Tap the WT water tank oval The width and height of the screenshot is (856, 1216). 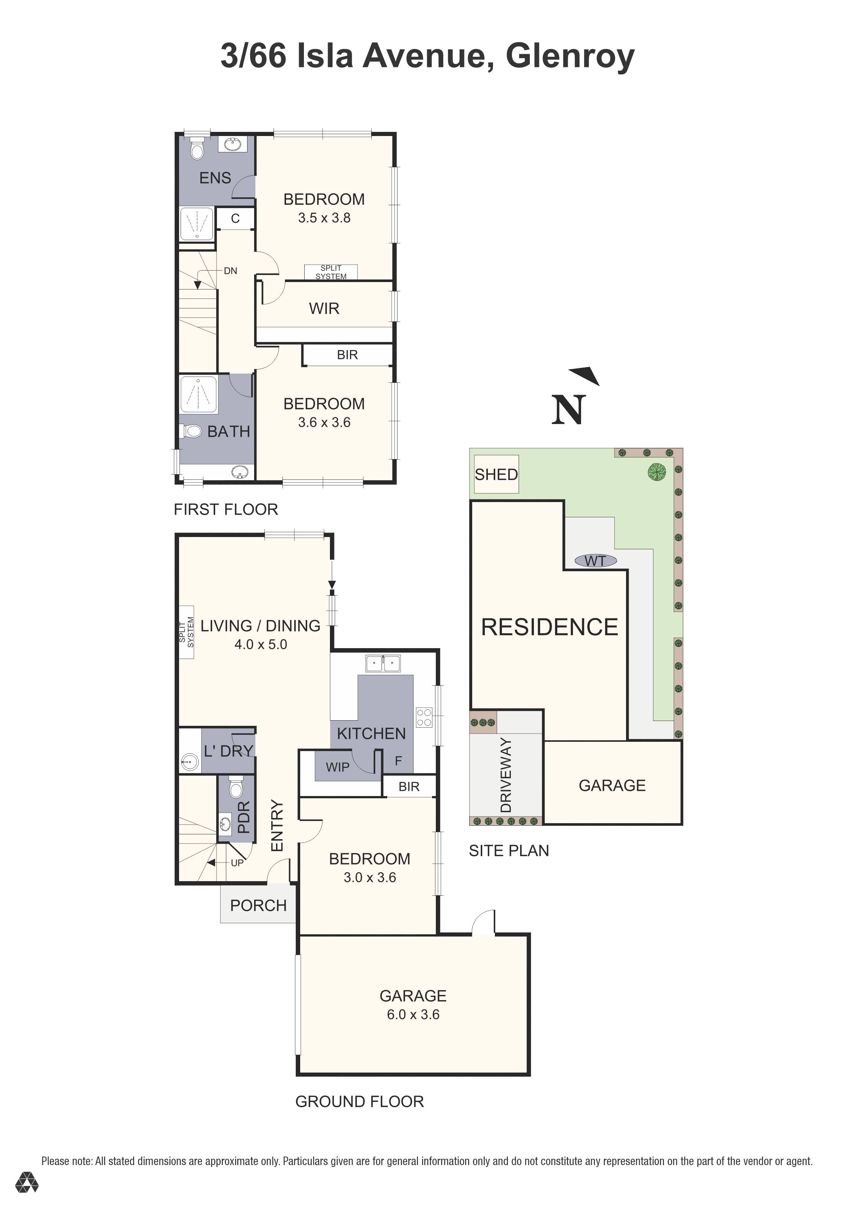(595, 560)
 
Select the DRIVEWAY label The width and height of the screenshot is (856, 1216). (506, 775)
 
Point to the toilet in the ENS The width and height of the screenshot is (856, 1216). (197, 148)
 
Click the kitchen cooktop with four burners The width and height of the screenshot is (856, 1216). (424, 718)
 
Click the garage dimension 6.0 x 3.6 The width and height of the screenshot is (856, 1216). (413, 1014)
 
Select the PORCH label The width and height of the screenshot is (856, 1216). (258, 905)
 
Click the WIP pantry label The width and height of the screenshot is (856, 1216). (337, 767)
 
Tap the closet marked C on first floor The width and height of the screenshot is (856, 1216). (236, 218)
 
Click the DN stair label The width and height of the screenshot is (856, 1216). (230, 271)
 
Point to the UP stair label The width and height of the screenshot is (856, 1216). (237, 863)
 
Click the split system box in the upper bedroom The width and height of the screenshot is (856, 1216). (331, 272)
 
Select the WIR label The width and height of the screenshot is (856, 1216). (324, 308)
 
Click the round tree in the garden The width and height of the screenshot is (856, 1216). (656, 471)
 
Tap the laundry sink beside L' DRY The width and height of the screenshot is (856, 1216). (189, 762)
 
